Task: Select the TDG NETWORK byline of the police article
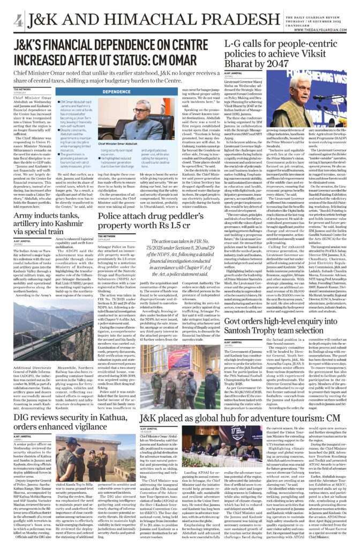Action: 107,221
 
